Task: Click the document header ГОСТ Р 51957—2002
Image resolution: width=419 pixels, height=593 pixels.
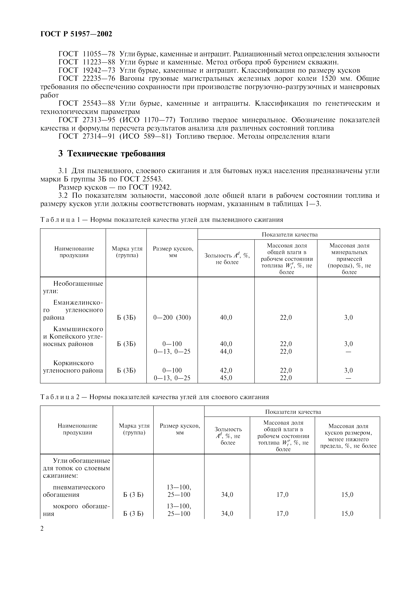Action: point(76,34)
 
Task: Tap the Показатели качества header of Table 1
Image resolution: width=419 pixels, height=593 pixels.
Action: point(289,234)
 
